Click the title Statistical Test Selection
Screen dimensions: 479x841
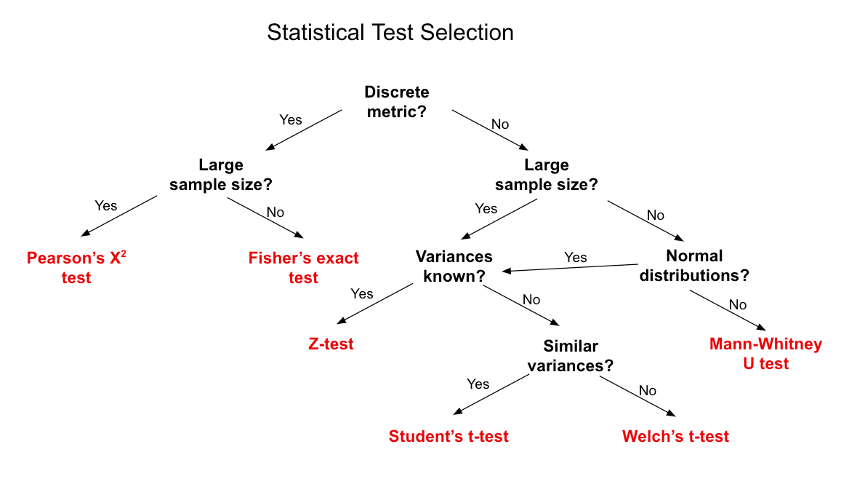pos(390,33)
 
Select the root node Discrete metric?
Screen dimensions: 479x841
pos(396,102)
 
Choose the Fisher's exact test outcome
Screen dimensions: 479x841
pos(303,268)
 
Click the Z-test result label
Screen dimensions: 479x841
pos(331,344)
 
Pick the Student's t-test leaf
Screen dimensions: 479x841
pos(448,436)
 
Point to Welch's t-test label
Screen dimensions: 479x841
pos(675,436)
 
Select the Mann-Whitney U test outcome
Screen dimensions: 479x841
pos(765,353)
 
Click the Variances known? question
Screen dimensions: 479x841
pos(454,266)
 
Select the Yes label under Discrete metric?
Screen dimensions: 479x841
pos(291,119)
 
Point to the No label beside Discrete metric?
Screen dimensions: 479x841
pos(500,124)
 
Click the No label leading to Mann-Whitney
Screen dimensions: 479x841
pos(738,304)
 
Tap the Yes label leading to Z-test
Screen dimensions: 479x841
pos(362,293)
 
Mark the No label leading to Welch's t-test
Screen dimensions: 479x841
pos(648,390)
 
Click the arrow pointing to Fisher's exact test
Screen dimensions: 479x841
pos(265,216)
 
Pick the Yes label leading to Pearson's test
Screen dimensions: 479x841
pos(106,205)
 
